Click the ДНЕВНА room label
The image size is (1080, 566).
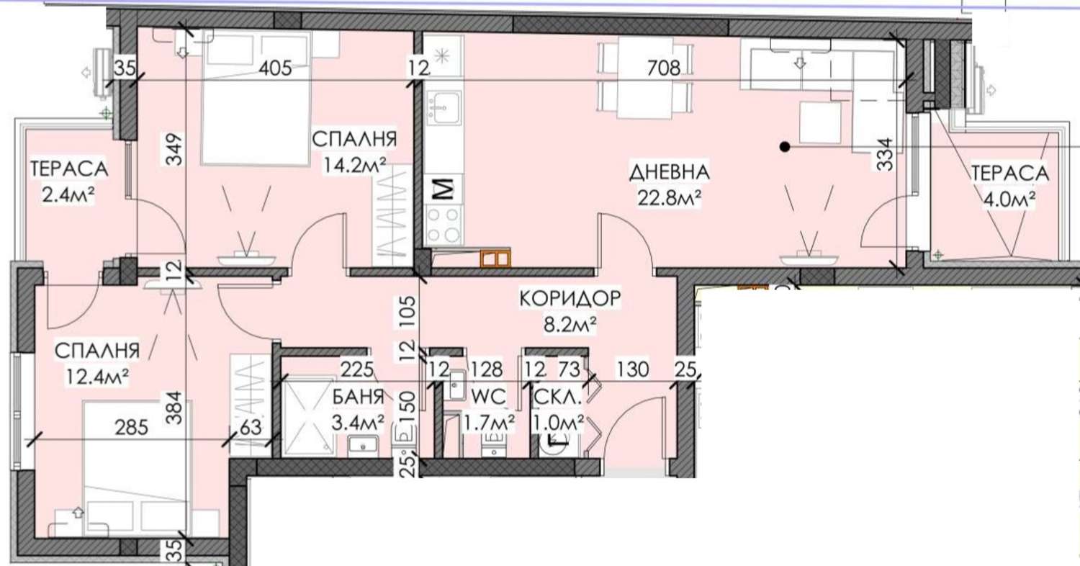[x=670, y=173]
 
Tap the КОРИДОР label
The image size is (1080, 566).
[x=569, y=298]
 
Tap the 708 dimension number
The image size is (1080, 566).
[x=663, y=69]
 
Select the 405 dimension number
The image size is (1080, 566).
[x=275, y=69]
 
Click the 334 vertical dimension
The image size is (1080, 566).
[x=886, y=154]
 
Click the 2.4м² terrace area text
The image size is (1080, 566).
[x=68, y=194]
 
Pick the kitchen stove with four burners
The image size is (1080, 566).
[x=443, y=223]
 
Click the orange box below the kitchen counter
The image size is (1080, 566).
[x=496, y=257]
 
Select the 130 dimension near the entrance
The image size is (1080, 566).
[x=634, y=370]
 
